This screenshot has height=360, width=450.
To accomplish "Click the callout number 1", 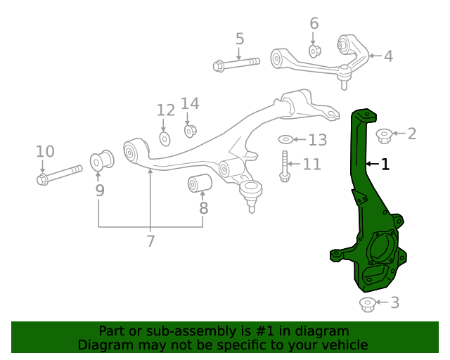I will [385, 165].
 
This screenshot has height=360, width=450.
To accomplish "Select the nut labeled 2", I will [384, 135].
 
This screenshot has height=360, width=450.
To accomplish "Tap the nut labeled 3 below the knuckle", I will [367, 304].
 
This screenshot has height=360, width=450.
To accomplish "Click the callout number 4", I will [388, 56].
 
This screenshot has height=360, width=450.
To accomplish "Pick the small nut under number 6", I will [315, 51].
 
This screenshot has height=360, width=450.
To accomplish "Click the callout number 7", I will [150, 242].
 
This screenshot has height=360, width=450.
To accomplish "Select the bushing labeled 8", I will [200, 184].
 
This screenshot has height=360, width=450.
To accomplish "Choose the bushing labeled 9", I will [102, 160].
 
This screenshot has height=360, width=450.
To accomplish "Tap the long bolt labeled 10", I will [60, 174].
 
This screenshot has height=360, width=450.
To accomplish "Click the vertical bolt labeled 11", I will [285, 166].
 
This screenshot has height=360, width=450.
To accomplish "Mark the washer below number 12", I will [165, 139].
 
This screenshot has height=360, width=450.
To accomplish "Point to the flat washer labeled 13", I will [287, 140].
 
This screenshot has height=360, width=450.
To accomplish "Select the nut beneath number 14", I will [190, 130].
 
